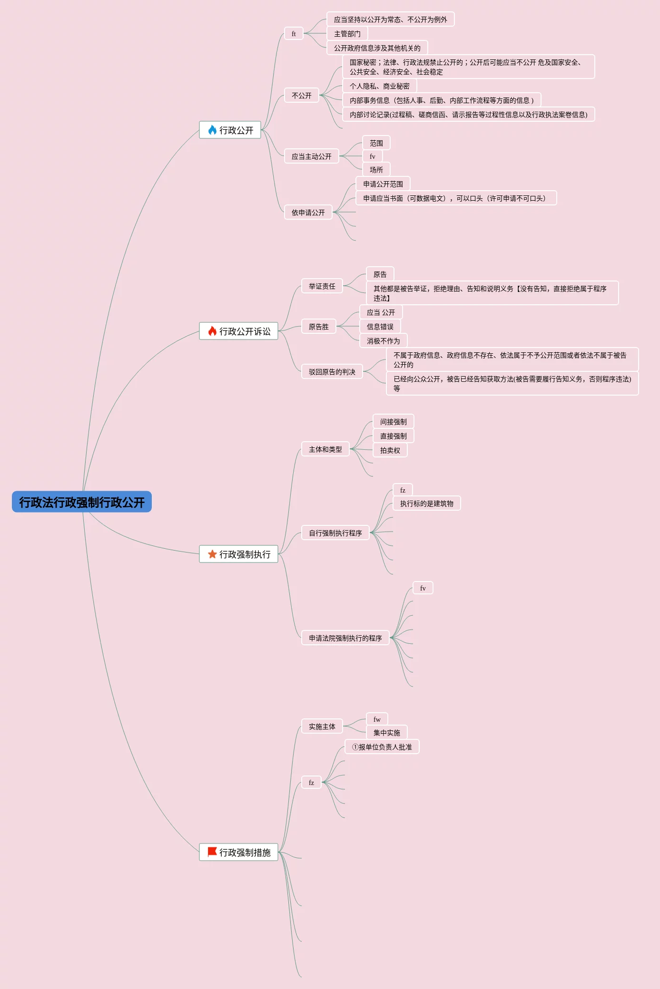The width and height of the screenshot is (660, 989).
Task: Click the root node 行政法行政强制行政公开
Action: [x=81, y=502]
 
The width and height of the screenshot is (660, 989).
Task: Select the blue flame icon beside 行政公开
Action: [x=212, y=130]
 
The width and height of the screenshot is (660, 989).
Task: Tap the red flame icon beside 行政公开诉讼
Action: [x=212, y=331]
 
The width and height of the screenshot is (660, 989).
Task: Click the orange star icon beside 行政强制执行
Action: [x=212, y=554]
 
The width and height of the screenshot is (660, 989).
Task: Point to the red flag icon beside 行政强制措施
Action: [x=212, y=852]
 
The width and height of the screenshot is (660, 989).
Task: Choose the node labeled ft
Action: [x=294, y=34]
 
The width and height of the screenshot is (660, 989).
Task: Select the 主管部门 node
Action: [x=347, y=34]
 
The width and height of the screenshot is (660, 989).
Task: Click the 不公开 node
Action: [x=301, y=96]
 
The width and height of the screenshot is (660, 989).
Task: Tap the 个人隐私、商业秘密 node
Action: [x=379, y=86]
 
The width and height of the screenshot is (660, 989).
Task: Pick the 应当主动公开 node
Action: [x=311, y=156]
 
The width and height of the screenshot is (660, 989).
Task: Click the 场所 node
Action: [x=376, y=170]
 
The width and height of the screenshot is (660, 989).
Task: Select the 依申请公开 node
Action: [x=308, y=213]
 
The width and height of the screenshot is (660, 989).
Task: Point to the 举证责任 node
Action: [x=322, y=286]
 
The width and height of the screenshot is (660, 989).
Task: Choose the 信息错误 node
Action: [x=380, y=327]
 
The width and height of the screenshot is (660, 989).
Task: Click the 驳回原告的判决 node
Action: [x=332, y=372]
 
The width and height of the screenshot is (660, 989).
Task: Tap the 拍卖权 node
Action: [x=390, y=450]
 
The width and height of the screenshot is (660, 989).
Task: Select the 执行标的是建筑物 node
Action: [x=426, y=504]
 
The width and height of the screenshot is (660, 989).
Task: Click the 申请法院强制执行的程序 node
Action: [x=345, y=638]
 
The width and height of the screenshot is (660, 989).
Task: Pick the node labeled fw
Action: [x=377, y=719]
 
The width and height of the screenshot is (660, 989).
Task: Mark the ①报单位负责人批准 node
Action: [x=382, y=747]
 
